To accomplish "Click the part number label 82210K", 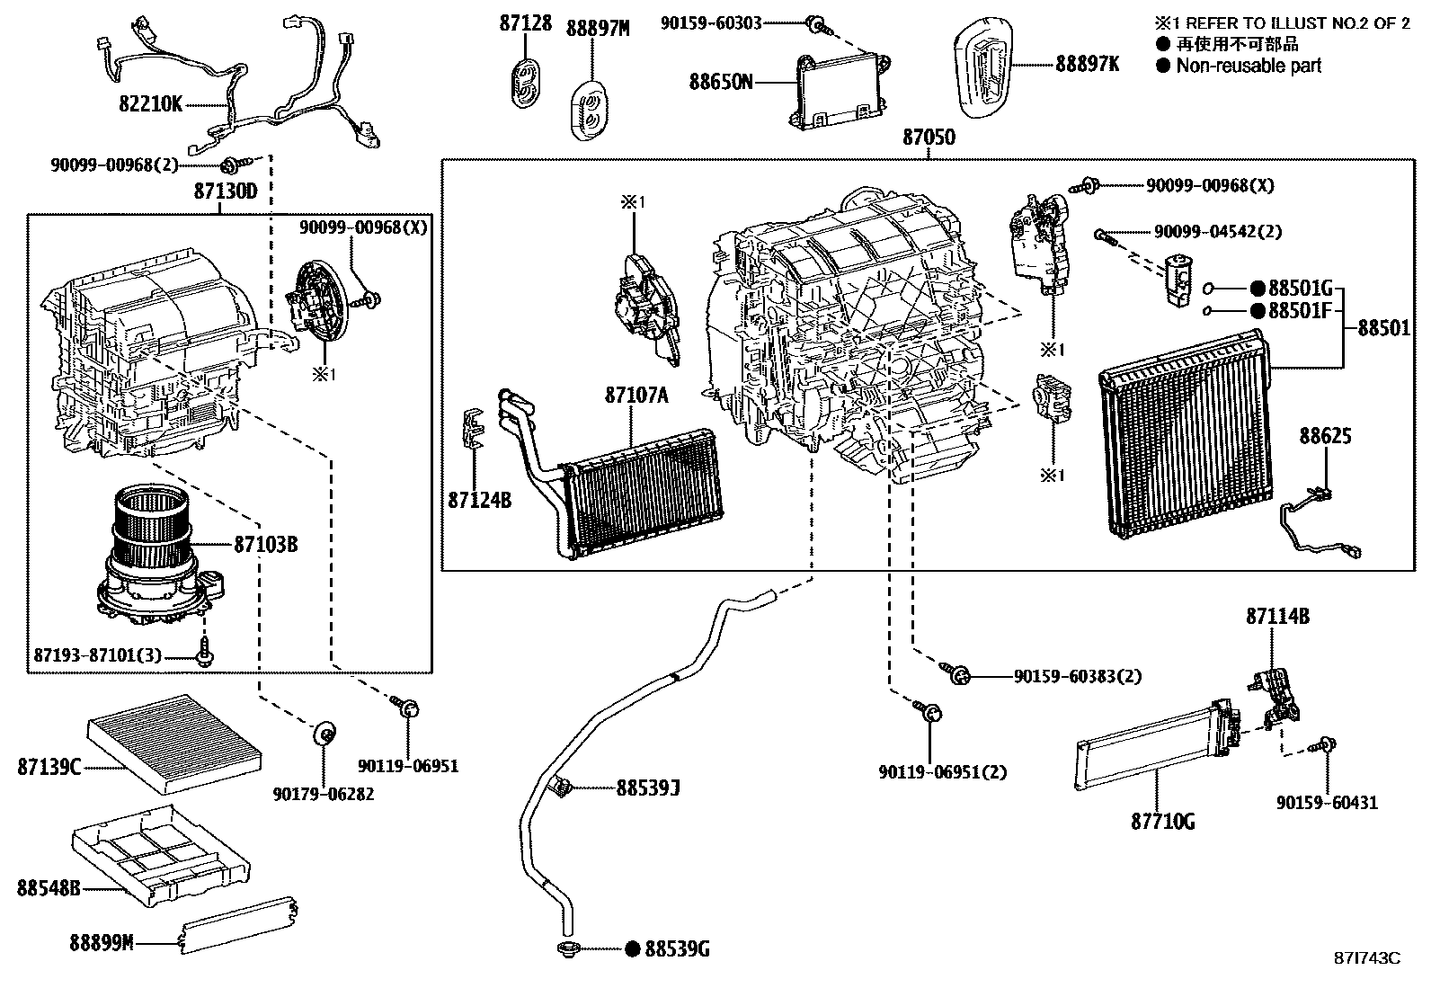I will click(150, 105).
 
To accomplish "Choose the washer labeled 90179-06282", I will click(324, 734).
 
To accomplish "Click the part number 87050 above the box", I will click(929, 138).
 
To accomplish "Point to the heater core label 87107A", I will click(636, 395).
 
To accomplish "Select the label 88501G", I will click(1300, 289).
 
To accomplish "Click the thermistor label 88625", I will click(1325, 436).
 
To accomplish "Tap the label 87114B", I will click(1276, 617).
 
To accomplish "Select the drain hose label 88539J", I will click(647, 788).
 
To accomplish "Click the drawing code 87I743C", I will click(1366, 958).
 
